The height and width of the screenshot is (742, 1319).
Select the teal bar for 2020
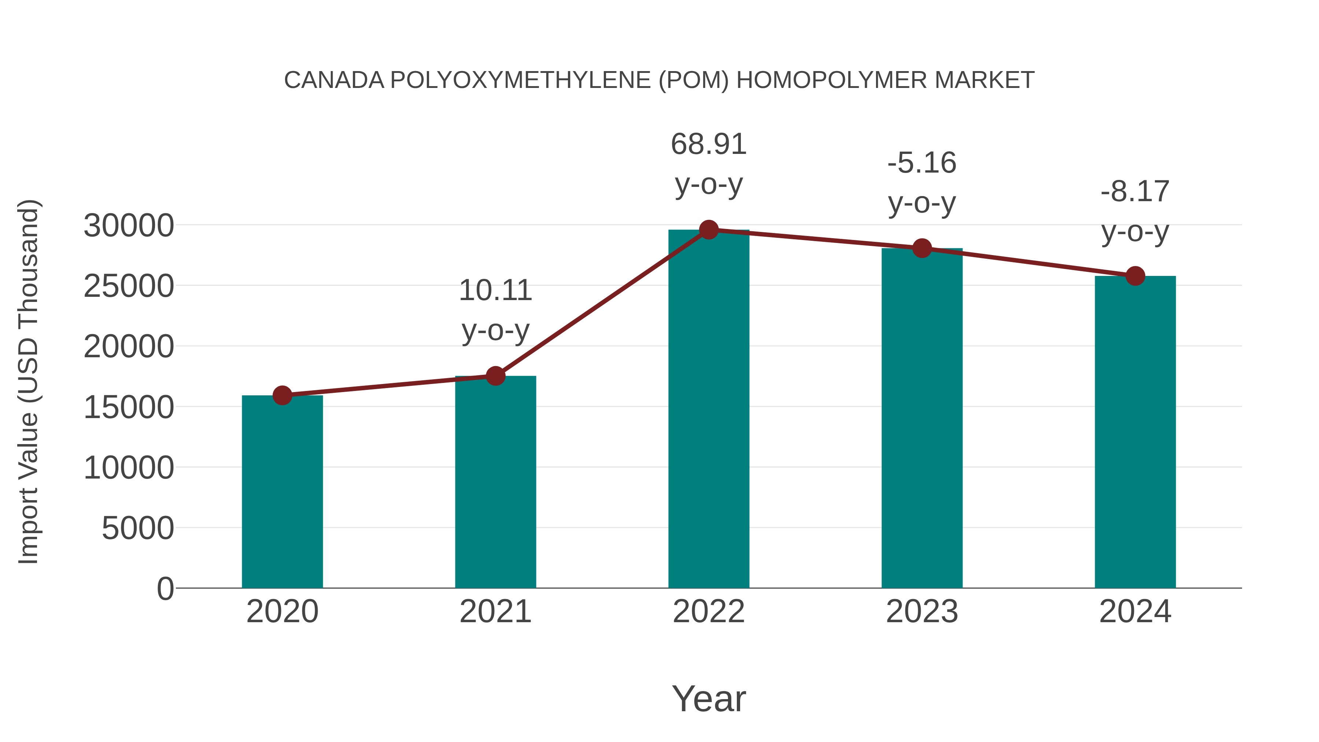coord(282,492)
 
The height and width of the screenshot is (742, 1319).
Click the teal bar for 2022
coord(709,410)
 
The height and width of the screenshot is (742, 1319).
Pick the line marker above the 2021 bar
coord(495,376)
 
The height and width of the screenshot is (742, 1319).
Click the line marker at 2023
coord(922,248)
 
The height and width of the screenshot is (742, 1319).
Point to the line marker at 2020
coord(282,395)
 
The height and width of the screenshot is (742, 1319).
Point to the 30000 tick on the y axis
coord(129,225)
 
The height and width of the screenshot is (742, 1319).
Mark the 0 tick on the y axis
coord(165,588)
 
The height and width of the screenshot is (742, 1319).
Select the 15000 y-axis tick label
coord(129,407)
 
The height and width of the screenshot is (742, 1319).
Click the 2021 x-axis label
coord(495,612)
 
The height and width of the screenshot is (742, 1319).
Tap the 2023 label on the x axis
coord(922,612)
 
